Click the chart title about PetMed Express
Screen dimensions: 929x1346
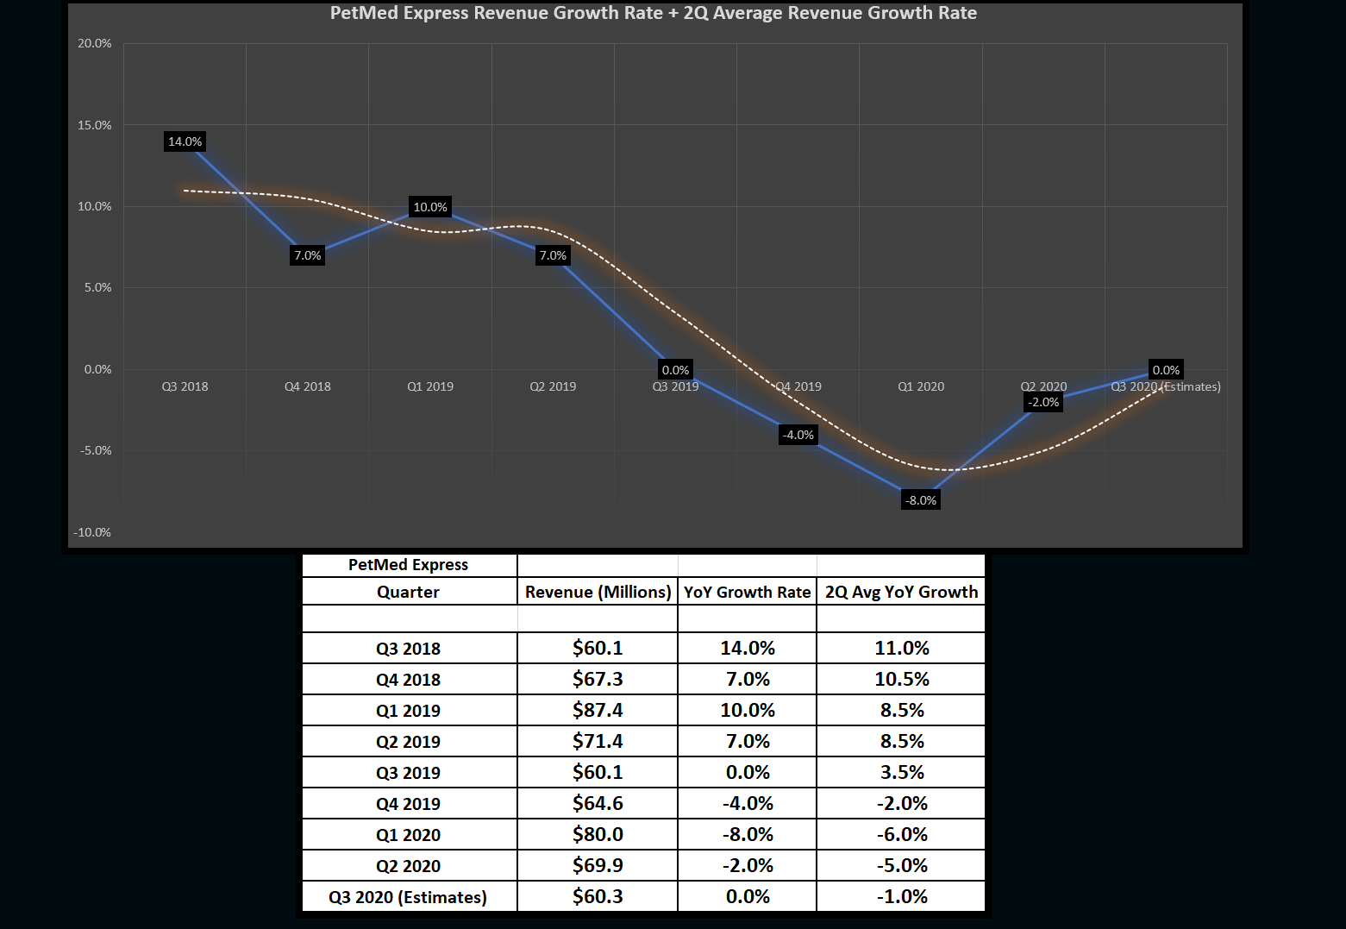(653, 13)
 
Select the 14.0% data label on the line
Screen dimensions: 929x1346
(185, 141)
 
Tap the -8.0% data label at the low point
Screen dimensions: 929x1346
(920, 500)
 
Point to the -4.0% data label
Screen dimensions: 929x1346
(798, 435)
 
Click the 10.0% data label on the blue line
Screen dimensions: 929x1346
(430, 207)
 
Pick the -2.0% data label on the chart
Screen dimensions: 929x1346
(1043, 402)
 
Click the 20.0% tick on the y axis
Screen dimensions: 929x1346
(95, 43)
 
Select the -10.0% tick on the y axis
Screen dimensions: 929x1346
(92, 532)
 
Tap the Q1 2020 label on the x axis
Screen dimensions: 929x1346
(921, 386)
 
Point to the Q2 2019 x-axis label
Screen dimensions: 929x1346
(553, 386)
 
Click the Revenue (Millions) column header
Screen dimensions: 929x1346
(598, 592)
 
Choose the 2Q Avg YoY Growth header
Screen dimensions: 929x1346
(901, 592)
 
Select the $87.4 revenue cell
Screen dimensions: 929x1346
(598, 710)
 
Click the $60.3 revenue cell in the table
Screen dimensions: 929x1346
(598, 896)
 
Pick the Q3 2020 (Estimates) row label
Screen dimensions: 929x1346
(408, 897)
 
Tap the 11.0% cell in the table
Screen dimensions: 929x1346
(902, 648)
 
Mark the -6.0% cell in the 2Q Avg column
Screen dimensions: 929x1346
(902, 834)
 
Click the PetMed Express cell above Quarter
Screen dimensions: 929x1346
(408, 565)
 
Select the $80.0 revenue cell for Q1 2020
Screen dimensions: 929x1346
(598, 834)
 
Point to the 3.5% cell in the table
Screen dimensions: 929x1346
(902, 772)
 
